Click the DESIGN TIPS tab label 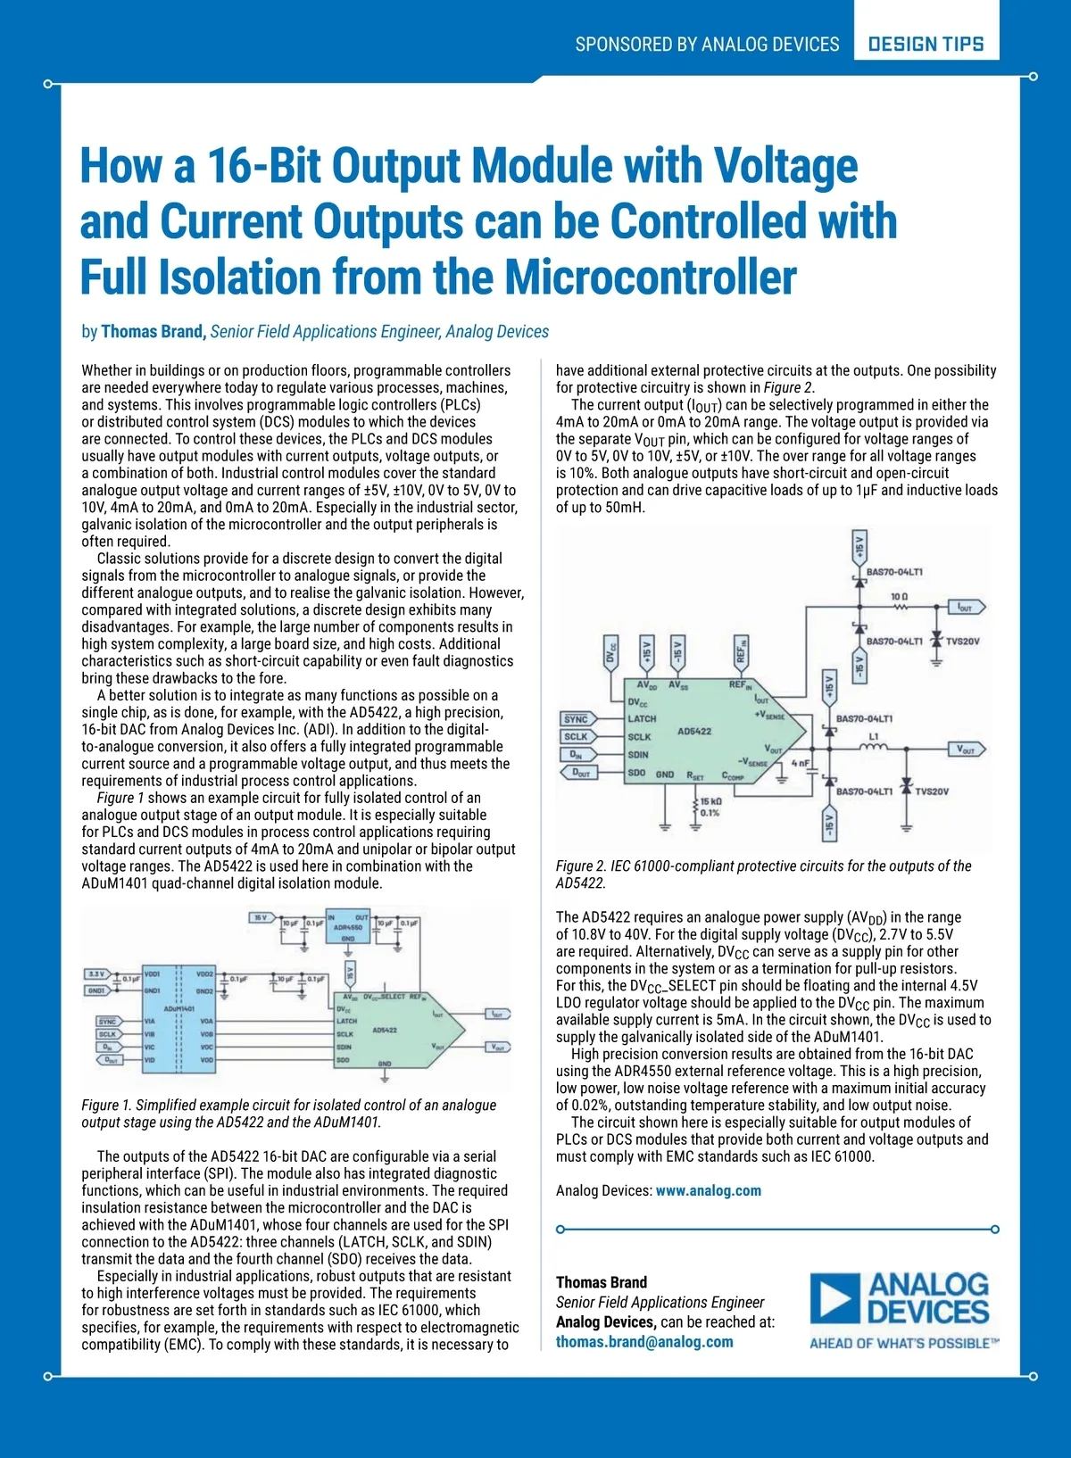pos(926,44)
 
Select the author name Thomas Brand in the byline pos(153,332)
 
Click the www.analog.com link pos(709,1190)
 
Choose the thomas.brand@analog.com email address pos(644,1341)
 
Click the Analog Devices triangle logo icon pos(835,1298)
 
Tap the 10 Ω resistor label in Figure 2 pos(899,596)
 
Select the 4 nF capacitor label pos(800,763)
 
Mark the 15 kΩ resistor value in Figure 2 pos(710,807)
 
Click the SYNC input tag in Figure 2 pos(577,718)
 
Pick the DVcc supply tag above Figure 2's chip pos(611,654)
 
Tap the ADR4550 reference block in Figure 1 pos(348,927)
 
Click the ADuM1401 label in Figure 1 pos(178,1008)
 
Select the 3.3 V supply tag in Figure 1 pos(96,974)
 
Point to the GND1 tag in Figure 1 pos(96,990)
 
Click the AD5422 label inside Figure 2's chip pos(694,731)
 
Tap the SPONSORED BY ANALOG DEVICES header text pos(707,44)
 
